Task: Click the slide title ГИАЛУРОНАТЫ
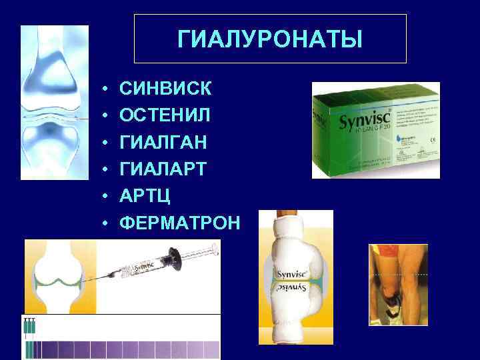click(x=270, y=39)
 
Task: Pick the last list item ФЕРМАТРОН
click(x=179, y=223)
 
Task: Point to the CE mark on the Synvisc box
click(x=430, y=139)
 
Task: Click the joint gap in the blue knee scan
click(x=55, y=118)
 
